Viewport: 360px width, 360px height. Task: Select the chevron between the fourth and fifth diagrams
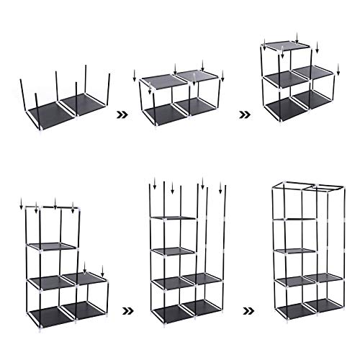128,311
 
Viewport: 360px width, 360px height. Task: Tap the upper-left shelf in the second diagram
159,81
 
